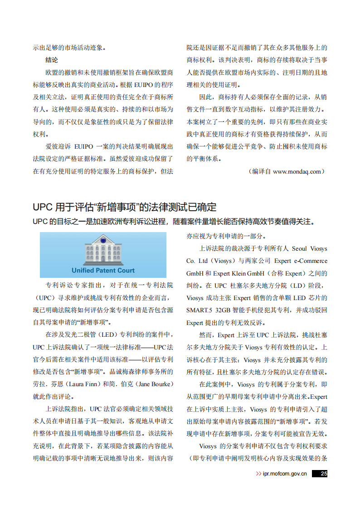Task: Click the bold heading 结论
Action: [52, 60]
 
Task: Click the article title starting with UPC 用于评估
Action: [125, 208]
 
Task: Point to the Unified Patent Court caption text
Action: [103, 271]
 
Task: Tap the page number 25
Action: [323, 474]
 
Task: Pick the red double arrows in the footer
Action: [258, 474]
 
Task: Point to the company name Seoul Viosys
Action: [309, 249]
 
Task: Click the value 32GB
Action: [223, 310]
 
